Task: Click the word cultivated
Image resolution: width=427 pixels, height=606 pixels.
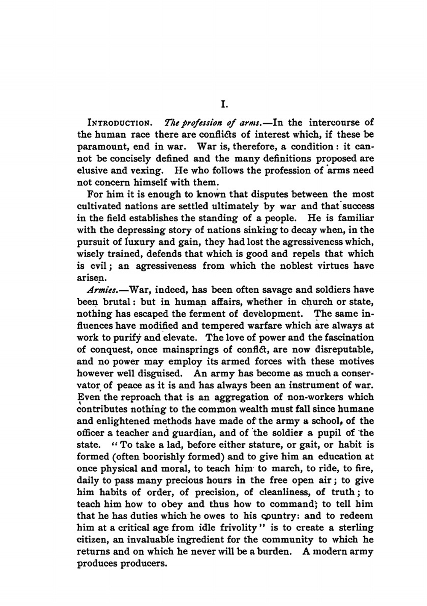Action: point(99,206)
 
